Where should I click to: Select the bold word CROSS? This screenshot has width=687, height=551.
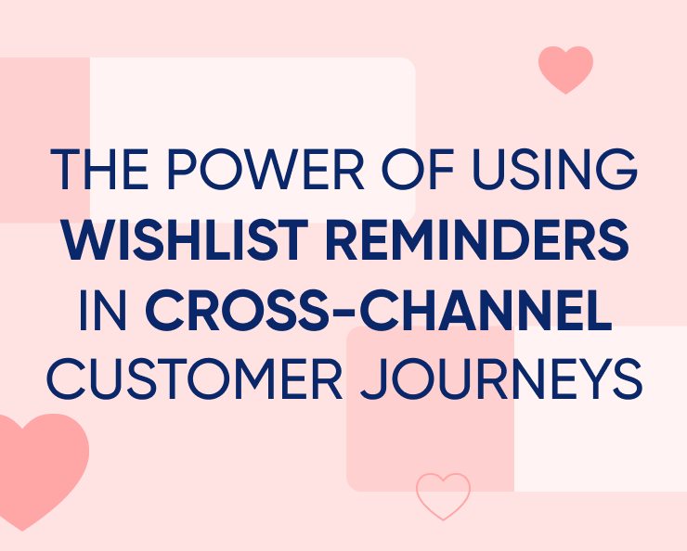pos(234,312)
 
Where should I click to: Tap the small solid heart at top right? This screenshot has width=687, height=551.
pos(565,69)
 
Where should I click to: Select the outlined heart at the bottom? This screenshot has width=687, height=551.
pos(443,495)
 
